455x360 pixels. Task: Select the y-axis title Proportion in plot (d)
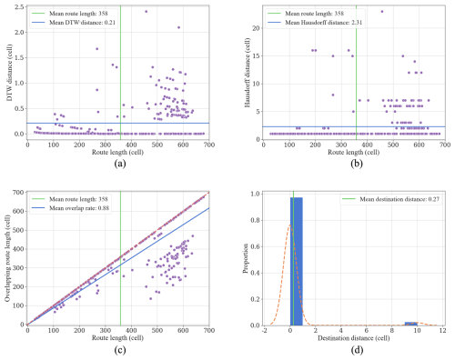239,258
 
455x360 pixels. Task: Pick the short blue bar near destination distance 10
411,323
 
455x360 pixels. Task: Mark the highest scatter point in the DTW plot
146,12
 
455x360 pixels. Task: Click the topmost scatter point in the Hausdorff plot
382,12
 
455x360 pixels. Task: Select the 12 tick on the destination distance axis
441,330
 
